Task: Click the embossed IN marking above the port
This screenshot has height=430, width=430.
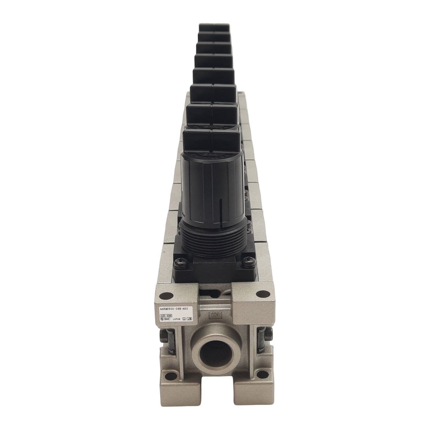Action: point(215,316)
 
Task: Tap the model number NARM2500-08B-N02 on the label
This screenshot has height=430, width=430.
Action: point(173,309)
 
